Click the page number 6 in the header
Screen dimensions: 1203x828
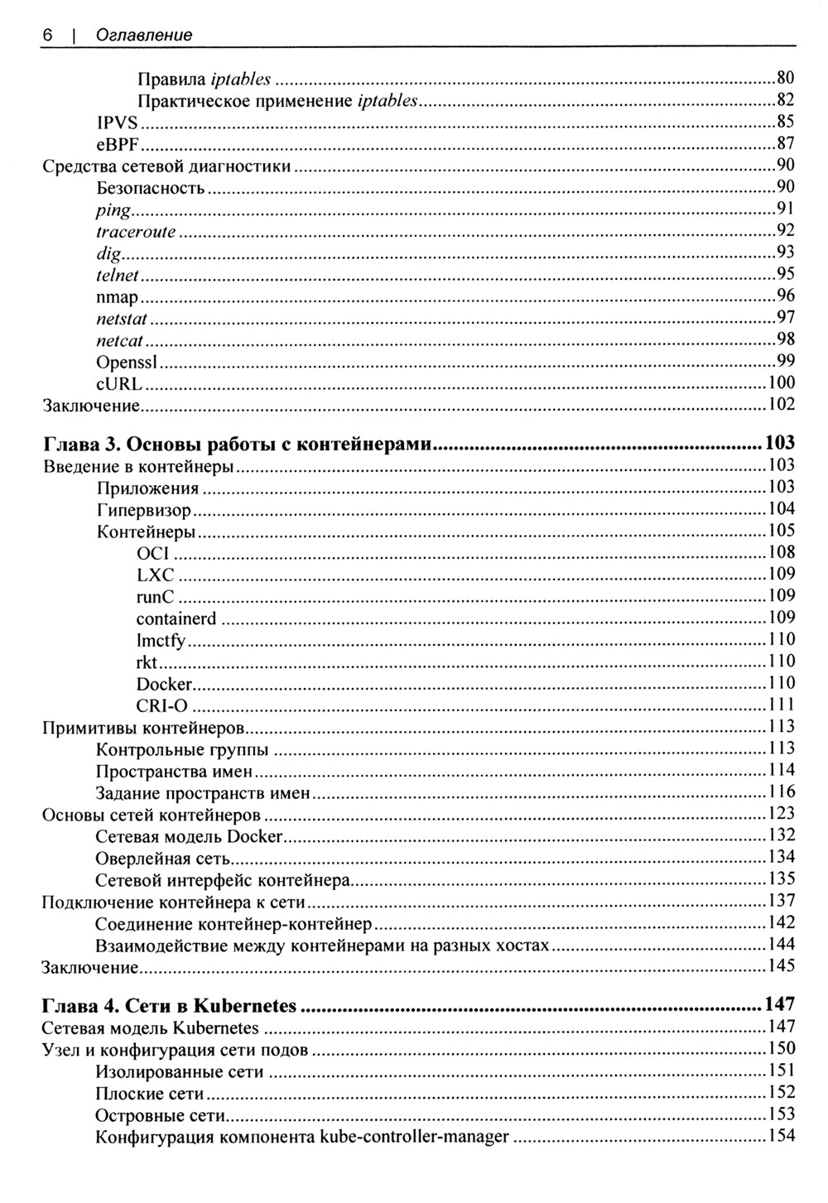(x=47, y=35)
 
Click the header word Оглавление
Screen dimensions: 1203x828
(x=144, y=35)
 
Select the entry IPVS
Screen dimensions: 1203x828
(x=117, y=123)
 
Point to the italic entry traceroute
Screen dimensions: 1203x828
(x=136, y=232)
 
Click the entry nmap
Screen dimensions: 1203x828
(x=117, y=296)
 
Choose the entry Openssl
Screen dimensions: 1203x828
(x=128, y=362)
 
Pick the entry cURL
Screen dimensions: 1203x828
(x=119, y=383)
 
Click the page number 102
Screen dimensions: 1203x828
(x=781, y=404)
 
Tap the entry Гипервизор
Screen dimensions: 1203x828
(x=144, y=509)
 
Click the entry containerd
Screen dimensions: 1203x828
(x=176, y=618)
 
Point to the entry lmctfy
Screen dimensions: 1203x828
(x=161, y=640)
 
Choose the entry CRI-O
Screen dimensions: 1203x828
(x=162, y=705)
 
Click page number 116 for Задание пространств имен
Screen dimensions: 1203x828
(x=781, y=792)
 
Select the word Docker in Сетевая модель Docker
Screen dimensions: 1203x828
(x=254, y=836)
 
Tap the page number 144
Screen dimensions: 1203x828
(x=781, y=945)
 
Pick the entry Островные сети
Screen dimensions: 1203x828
(x=161, y=1115)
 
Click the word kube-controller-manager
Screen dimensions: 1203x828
(x=414, y=1137)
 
